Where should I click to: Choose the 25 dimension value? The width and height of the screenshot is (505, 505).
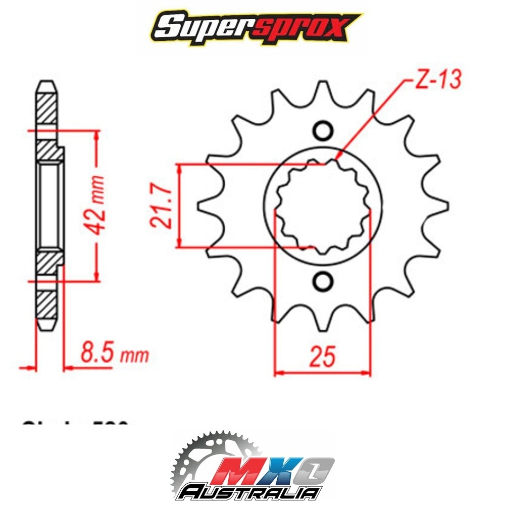click(x=322, y=357)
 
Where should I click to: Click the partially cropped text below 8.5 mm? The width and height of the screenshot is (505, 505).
click(x=76, y=422)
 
